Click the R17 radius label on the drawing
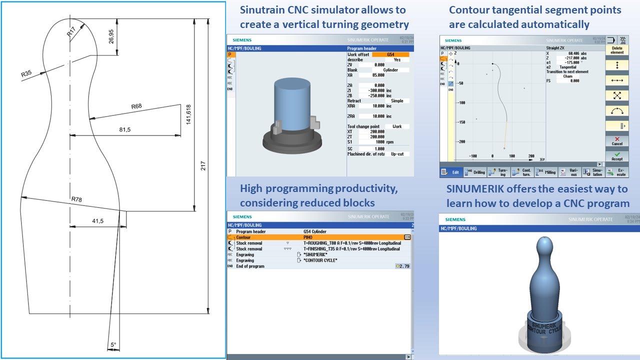click(x=74, y=32)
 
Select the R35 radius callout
click(x=26, y=73)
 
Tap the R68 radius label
click(x=136, y=106)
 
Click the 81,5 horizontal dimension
click(x=125, y=130)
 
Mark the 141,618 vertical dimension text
click(x=188, y=116)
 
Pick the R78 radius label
click(x=76, y=199)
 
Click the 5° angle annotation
click(x=113, y=345)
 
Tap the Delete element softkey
click(x=617, y=50)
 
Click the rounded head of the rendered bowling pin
click(x=544, y=246)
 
